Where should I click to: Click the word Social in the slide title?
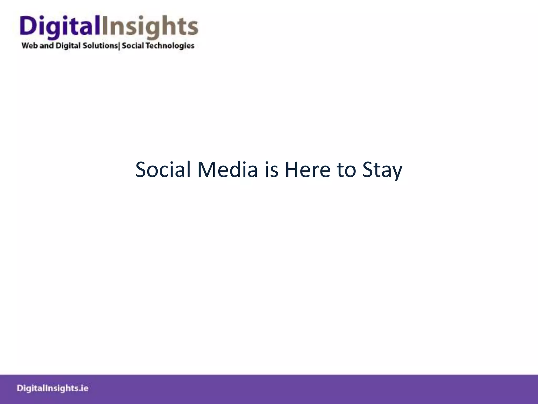coord(163,170)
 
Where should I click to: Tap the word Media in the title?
coord(227,170)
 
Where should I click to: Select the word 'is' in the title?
coord(271,170)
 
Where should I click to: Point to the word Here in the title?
coord(307,170)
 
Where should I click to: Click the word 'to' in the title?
coord(346,170)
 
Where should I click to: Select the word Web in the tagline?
coord(30,46)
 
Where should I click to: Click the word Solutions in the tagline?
coord(100,46)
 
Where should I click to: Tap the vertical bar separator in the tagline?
coord(119,46)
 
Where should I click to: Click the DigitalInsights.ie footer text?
coord(53,388)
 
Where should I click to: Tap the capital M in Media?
coord(206,170)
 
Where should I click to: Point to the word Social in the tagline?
coord(133,46)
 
